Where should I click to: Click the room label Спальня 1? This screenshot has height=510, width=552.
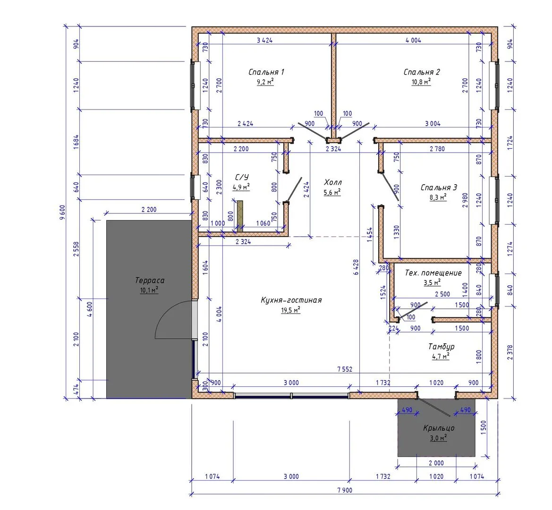(x=266, y=72)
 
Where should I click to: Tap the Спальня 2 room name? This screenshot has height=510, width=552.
(x=421, y=72)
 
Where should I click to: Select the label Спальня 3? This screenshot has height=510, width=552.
(x=439, y=187)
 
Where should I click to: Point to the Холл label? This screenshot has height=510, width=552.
(x=333, y=182)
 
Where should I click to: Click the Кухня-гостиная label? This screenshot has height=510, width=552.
(x=291, y=300)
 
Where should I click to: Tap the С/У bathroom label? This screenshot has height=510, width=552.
(x=242, y=177)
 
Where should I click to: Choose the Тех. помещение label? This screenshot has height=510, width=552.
(x=433, y=273)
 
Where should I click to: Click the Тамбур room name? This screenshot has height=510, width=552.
(x=441, y=347)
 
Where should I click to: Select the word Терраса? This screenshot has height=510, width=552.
(x=150, y=280)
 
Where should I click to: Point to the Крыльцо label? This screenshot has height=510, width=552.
(x=439, y=428)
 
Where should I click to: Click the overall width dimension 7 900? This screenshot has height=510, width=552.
(x=345, y=490)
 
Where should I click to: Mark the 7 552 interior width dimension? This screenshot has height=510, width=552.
(x=345, y=369)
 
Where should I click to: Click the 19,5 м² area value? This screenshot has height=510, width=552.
(x=291, y=310)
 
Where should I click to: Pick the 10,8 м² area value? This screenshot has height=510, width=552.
(x=421, y=82)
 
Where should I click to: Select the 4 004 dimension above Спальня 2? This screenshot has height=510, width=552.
(x=413, y=40)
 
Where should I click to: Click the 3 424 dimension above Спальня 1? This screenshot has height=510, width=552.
(x=265, y=40)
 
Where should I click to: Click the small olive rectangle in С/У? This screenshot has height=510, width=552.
(x=240, y=216)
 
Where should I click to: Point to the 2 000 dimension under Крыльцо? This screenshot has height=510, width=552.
(x=436, y=463)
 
